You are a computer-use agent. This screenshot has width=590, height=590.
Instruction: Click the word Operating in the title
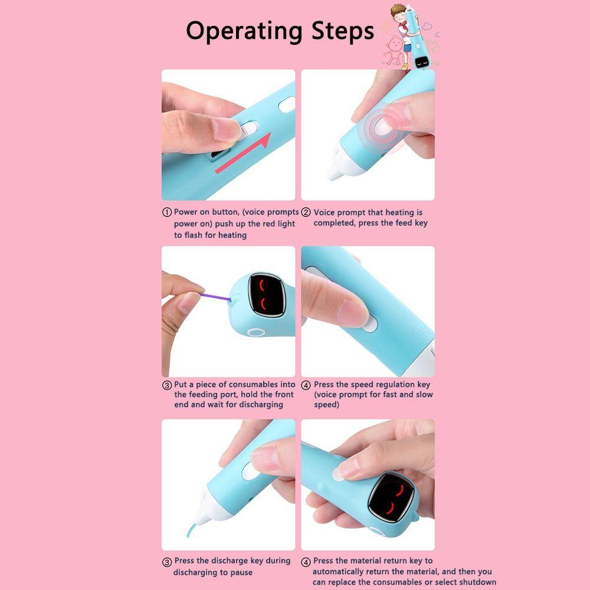click(x=244, y=32)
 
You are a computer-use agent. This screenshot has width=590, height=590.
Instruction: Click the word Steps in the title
click(x=343, y=32)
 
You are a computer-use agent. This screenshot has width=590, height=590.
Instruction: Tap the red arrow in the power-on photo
click(x=242, y=153)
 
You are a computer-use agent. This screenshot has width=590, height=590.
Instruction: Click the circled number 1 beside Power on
click(x=167, y=212)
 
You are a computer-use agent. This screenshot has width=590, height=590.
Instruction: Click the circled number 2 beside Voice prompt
click(x=306, y=212)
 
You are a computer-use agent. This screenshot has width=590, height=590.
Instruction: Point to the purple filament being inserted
click(x=215, y=297)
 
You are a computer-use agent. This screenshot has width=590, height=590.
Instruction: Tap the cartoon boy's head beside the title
click(x=398, y=12)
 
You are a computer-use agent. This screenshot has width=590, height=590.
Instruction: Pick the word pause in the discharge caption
click(x=241, y=572)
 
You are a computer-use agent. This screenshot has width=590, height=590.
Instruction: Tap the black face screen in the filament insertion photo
click(x=267, y=294)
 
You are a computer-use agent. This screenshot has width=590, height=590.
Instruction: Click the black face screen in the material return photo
click(x=392, y=497)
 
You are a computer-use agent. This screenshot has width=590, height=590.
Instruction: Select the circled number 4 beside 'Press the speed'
click(x=306, y=385)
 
